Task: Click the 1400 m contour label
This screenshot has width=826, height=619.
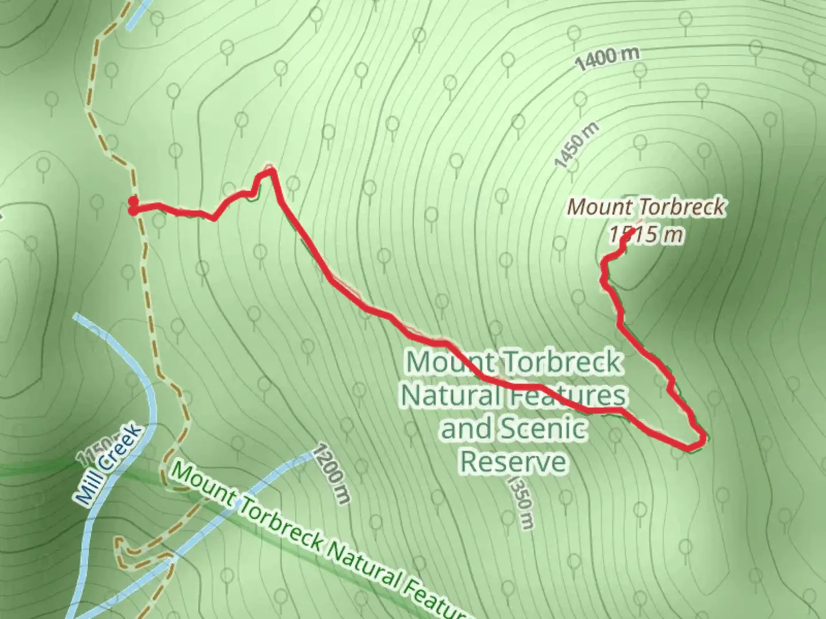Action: [607, 59]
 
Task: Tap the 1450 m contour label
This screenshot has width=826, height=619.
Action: [576, 145]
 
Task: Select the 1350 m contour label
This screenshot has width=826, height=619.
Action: [521, 502]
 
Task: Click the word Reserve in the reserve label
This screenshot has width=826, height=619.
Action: [514, 462]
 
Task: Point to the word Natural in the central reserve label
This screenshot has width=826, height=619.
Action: [451, 395]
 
